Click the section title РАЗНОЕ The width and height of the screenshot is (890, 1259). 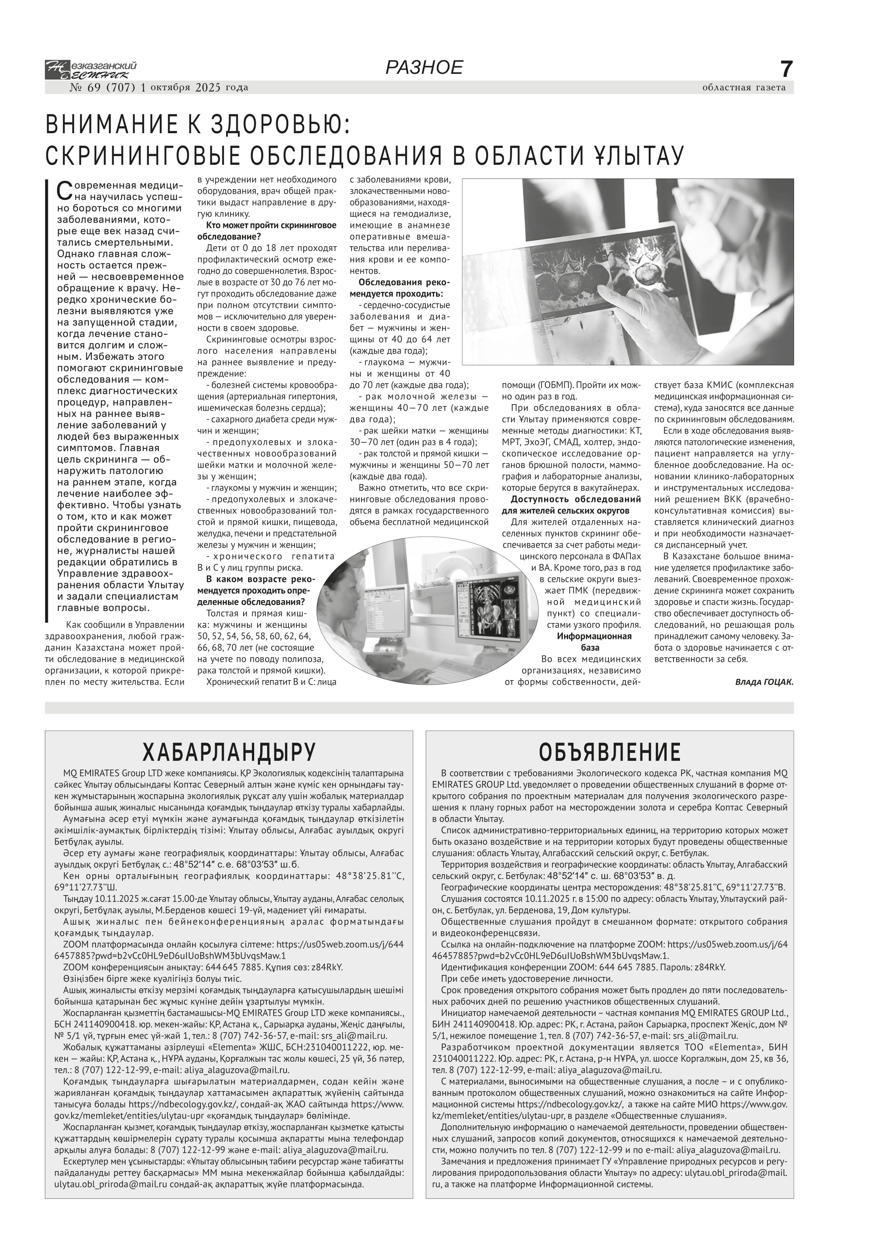424,67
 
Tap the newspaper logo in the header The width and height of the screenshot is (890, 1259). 91,70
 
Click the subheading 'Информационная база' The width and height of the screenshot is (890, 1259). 594,642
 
